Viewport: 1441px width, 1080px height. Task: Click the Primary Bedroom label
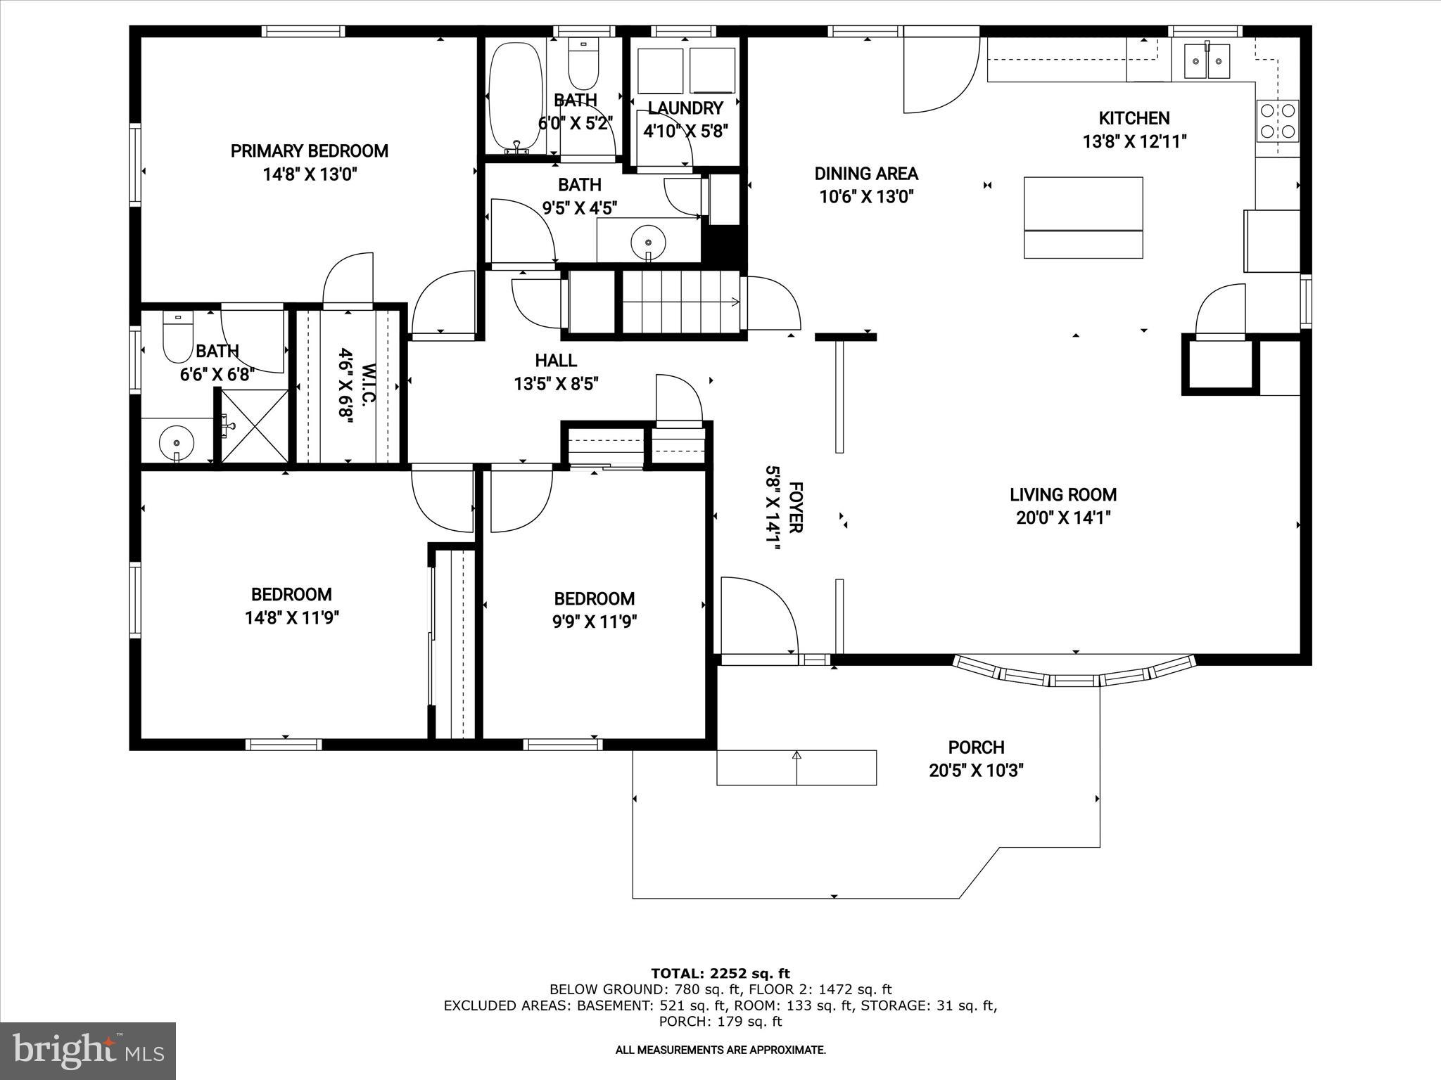click(x=310, y=151)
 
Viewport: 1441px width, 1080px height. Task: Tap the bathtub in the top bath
click(x=516, y=98)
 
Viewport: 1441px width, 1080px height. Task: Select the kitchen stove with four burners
click(x=1278, y=121)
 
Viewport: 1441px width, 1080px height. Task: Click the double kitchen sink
click(x=1207, y=60)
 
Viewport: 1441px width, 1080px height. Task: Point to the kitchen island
click(x=1083, y=217)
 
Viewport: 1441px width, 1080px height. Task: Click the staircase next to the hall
click(x=680, y=302)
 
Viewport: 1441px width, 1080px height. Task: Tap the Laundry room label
click(x=685, y=108)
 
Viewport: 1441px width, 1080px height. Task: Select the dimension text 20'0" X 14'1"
click(x=1063, y=518)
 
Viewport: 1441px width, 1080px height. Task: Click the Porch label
click(x=976, y=747)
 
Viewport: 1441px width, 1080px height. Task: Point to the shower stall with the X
click(x=255, y=426)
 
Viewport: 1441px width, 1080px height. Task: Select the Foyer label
click(x=796, y=507)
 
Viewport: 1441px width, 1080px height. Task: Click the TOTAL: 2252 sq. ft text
click(x=720, y=974)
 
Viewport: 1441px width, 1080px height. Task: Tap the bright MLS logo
click(x=88, y=1050)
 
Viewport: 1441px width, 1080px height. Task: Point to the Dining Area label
click(x=866, y=174)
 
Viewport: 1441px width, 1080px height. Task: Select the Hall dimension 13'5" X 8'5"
click(x=556, y=384)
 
